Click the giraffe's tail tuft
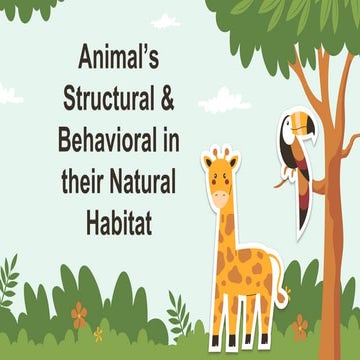tap(283, 300)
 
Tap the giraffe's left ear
tap(207, 159)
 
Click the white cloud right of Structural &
tap(226, 101)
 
